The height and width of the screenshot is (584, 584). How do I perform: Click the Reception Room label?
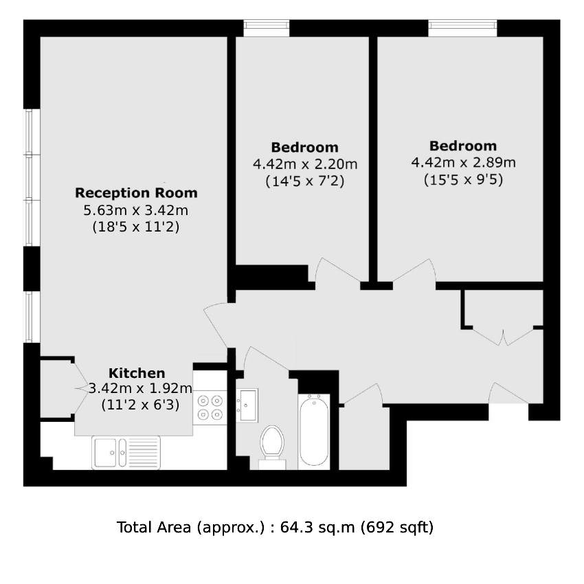tap(136, 193)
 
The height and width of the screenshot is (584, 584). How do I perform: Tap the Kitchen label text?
tap(137, 373)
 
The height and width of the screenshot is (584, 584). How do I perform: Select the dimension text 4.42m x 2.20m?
tap(305, 164)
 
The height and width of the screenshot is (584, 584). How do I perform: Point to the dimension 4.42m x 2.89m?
tap(463, 162)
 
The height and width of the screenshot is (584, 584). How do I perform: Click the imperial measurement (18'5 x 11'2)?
tap(136, 227)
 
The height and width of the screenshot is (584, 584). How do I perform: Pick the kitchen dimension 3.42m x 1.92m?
tap(140, 388)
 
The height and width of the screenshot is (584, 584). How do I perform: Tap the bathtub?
tap(313, 431)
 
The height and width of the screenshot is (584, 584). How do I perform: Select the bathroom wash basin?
tap(247, 405)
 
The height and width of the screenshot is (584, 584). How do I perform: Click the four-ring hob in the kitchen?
tap(210, 407)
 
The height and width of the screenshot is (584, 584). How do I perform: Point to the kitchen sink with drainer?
tap(126, 453)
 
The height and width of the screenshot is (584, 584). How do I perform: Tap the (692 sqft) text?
tap(397, 528)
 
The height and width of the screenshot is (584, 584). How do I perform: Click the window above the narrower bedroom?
tap(267, 28)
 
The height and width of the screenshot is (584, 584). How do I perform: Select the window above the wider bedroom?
tap(462, 28)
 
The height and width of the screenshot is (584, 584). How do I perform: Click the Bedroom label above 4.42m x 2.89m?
tap(463, 146)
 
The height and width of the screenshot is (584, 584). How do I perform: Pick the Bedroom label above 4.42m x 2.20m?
tap(304, 147)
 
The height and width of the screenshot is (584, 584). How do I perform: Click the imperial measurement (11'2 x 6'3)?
tap(140, 405)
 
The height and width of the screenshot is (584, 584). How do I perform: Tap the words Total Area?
tap(154, 528)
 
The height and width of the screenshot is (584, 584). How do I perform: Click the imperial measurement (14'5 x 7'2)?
tap(305, 181)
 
